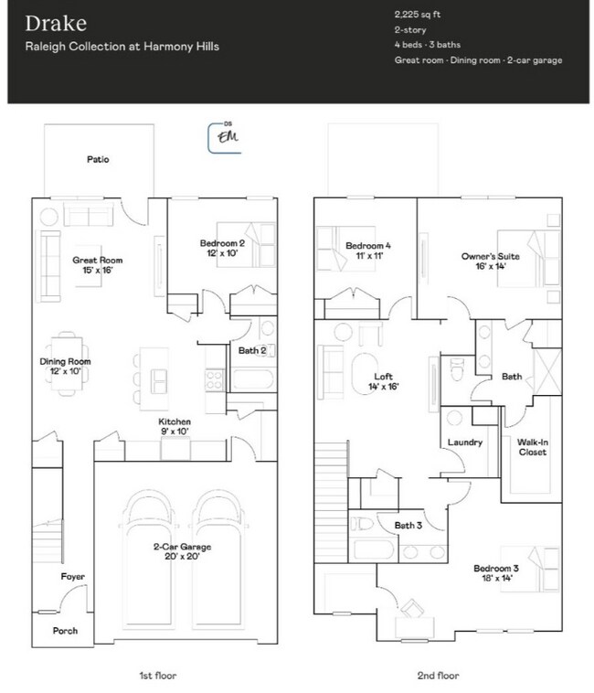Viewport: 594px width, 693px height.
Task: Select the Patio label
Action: (x=98, y=159)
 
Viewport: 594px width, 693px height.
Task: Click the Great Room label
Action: (x=98, y=265)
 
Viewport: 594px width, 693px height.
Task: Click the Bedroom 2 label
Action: (x=222, y=248)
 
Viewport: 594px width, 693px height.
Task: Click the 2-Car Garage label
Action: (x=182, y=552)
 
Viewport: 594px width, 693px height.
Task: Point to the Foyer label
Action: (x=73, y=577)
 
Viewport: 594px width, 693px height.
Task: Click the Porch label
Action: (x=65, y=631)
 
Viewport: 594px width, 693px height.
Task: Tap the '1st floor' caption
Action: (x=157, y=676)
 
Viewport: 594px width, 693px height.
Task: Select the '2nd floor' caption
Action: (x=440, y=676)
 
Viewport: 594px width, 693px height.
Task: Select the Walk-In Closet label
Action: (x=533, y=446)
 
